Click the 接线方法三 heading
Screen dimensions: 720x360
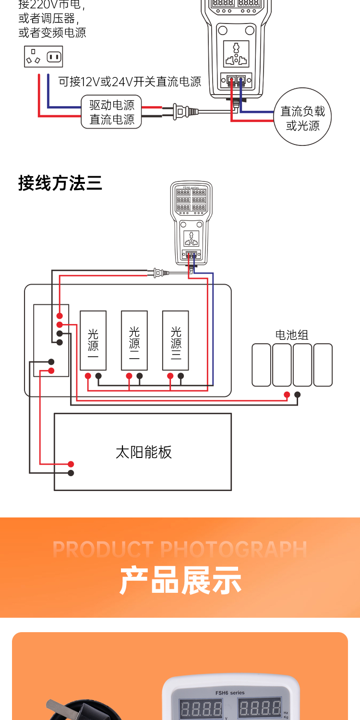click(x=60, y=183)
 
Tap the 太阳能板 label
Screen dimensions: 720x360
click(x=144, y=452)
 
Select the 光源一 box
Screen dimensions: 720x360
click(x=93, y=340)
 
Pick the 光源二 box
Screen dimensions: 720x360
click(x=134, y=340)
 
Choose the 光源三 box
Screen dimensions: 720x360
click(x=176, y=340)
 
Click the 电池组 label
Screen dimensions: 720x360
click(x=292, y=335)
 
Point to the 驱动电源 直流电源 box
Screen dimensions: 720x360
click(x=112, y=112)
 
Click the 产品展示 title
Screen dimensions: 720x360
click(x=180, y=580)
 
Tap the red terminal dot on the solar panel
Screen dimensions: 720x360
click(x=71, y=464)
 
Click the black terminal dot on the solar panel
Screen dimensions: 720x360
click(x=71, y=473)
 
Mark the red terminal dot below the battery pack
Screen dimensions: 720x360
click(x=287, y=395)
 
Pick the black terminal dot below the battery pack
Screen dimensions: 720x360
click(x=298, y=395)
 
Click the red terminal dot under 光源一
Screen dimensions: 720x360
click(x=88, y=376)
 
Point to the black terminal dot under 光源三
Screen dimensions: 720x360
click(x=181, y=376)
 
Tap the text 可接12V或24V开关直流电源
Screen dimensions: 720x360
click(x=130, y=82)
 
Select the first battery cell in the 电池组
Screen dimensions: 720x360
click(x=262, y=365)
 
